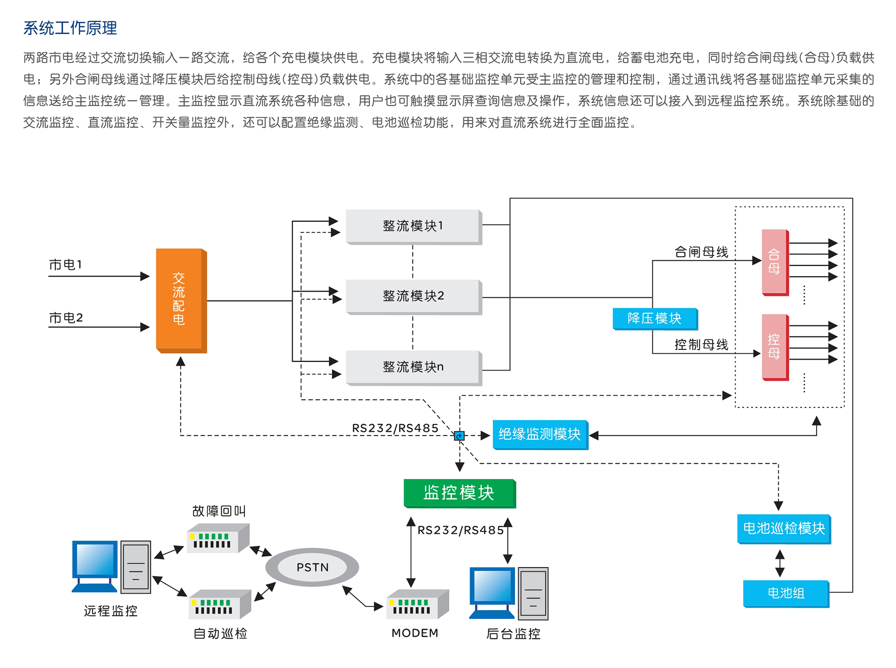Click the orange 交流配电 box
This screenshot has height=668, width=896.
(180, 300)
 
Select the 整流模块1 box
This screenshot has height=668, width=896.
(413, 226)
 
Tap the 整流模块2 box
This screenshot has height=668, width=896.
(413, 296)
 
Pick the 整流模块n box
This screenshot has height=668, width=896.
(413, 367)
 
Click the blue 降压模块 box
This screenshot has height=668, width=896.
(655, 319)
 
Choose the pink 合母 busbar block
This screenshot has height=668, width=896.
(775, 262)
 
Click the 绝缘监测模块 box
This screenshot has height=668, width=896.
(540, 434)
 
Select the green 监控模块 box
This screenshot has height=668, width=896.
(459, 493)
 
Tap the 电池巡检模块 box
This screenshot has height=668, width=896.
(784, 529)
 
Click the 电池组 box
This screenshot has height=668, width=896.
(786, 593)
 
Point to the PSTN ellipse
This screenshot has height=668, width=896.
(312, 567)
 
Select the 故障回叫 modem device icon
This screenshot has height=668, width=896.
(217, 538)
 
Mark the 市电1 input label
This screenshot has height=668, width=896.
(65, 265)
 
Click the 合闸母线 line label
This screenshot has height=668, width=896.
(701, 252)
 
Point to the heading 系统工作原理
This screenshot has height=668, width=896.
(70, 28)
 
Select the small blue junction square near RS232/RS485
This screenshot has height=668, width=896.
(459, 435)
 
